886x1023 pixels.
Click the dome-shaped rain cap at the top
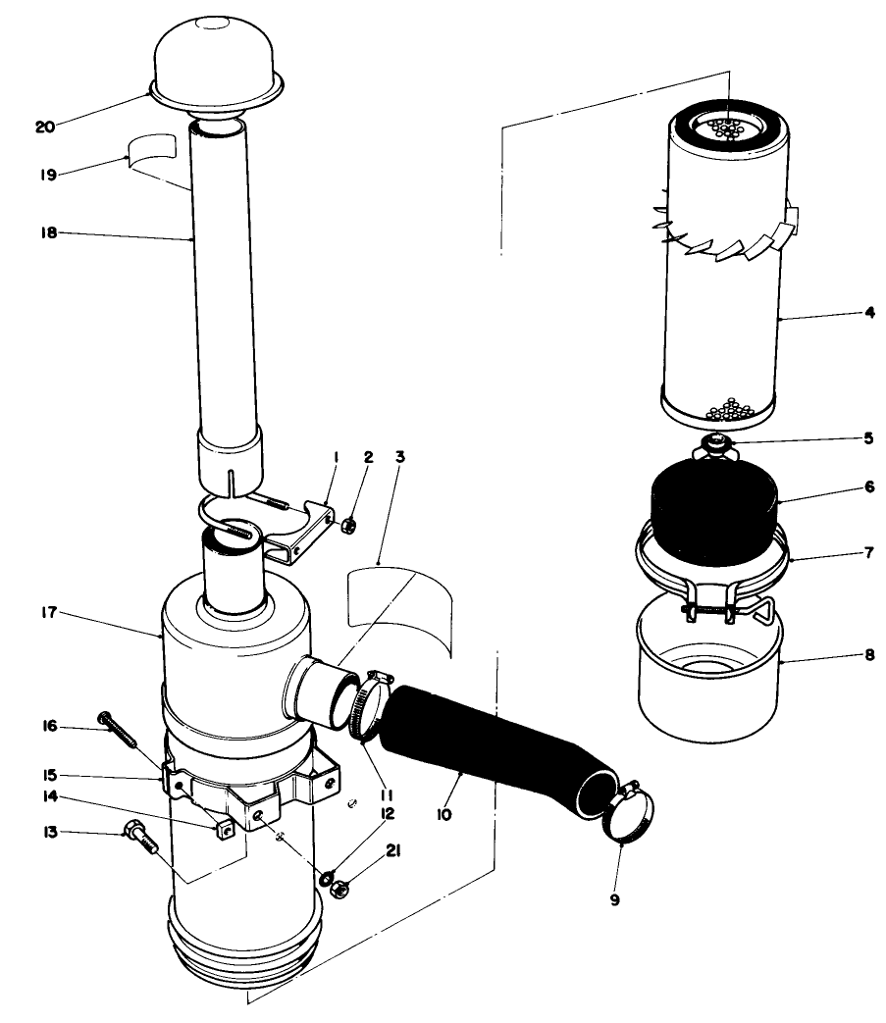coord(216,59)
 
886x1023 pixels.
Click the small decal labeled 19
coord(153,148)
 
